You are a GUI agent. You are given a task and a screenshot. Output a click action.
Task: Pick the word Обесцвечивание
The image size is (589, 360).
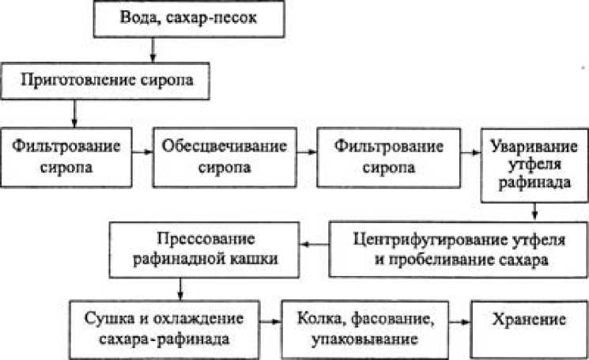[x=211, y=146]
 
